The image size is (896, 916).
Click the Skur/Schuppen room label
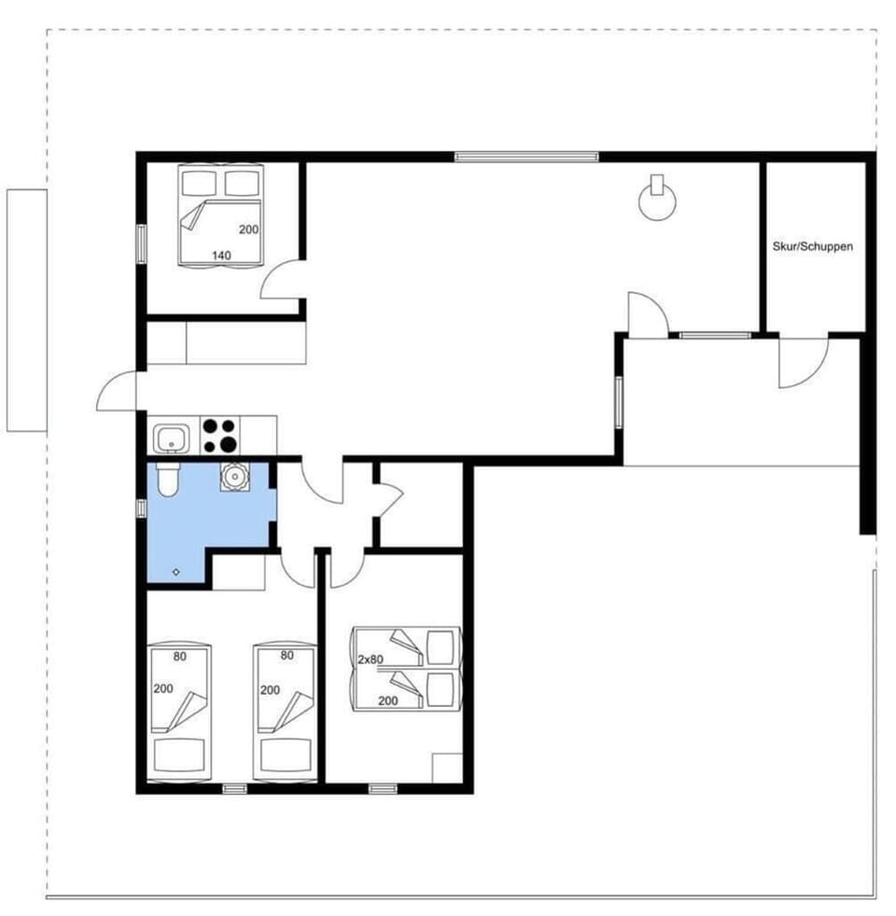(x=812, y=247)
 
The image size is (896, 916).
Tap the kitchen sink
(x=170, y=437)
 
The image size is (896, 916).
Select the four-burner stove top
(x=220, y=436)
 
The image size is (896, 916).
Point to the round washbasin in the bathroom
(x=231, y=477)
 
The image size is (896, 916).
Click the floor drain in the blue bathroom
(x=176, y=570)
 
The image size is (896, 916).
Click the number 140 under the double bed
(x=220, y=255)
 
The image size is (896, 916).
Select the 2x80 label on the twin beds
(x=371, y=659)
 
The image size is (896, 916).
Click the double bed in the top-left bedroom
(x=221, y=215)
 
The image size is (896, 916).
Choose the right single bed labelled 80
(x=286, y=710)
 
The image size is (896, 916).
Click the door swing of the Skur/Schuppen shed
(x=803, y=364)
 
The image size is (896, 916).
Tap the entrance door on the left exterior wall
(x=117, y=394)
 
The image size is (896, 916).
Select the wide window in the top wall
(x=526, y=157)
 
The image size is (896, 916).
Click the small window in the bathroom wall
(x=142, y=507)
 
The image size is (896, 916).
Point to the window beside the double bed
(x=142, y=243)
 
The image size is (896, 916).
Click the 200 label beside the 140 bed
(x=248, y=229)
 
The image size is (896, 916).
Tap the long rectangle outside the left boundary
(x=26, y=311)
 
